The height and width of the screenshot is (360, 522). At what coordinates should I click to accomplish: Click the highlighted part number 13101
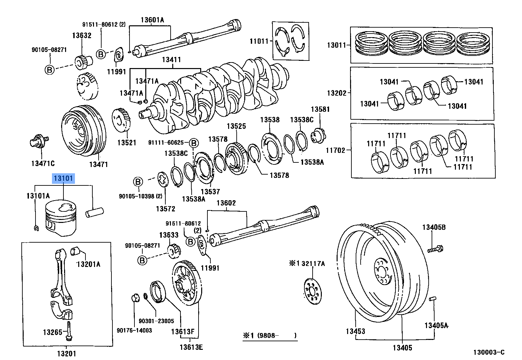point(63,179)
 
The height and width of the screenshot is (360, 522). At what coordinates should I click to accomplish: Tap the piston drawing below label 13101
point(60,218)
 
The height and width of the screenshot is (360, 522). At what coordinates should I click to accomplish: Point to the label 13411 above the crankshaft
point(172,60)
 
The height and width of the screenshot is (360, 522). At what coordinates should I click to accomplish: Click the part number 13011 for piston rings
point(337,45)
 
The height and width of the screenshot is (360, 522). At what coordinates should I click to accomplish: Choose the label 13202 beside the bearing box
point(337,93)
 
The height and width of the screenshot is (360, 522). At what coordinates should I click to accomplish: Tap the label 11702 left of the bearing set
point(335,150)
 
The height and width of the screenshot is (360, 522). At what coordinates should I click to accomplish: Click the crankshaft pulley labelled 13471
point(84,131)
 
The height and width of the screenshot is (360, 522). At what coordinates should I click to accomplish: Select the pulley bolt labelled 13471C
point(39,140)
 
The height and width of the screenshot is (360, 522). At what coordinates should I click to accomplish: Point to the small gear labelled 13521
point(121,120)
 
